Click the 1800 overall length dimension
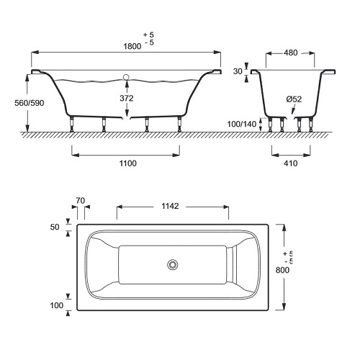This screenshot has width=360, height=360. pyautogui.click(x=132, y=46)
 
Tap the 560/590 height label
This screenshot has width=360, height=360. pyautogui.click(x=30, y=103)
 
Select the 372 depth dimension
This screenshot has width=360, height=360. pyautogui.click(x=127, y=98)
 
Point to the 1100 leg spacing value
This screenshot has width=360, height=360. pyautogui.click(x=128, y=163)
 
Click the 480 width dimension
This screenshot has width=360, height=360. pyautogui.click(x=290, y=53)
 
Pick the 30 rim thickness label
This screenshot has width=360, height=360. pyautogui.click(x=238, y=71)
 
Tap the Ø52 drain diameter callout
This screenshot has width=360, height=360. pyautogui.click(x=294, y=99)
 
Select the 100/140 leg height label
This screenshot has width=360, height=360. pyautogui.click(x=242, y=124)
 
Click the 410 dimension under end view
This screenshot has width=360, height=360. pyautogui.click(x=290, y=163)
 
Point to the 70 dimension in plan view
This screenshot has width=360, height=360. pyautogui.click(x=81, y=200)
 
